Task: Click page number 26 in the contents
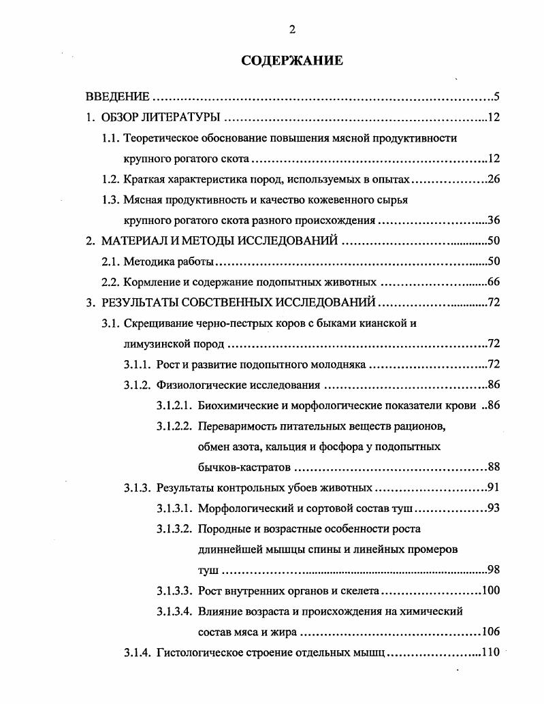click(494, 180)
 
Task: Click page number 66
click(494, 282)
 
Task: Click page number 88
click(494, 467)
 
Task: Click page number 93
click(494, 509)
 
